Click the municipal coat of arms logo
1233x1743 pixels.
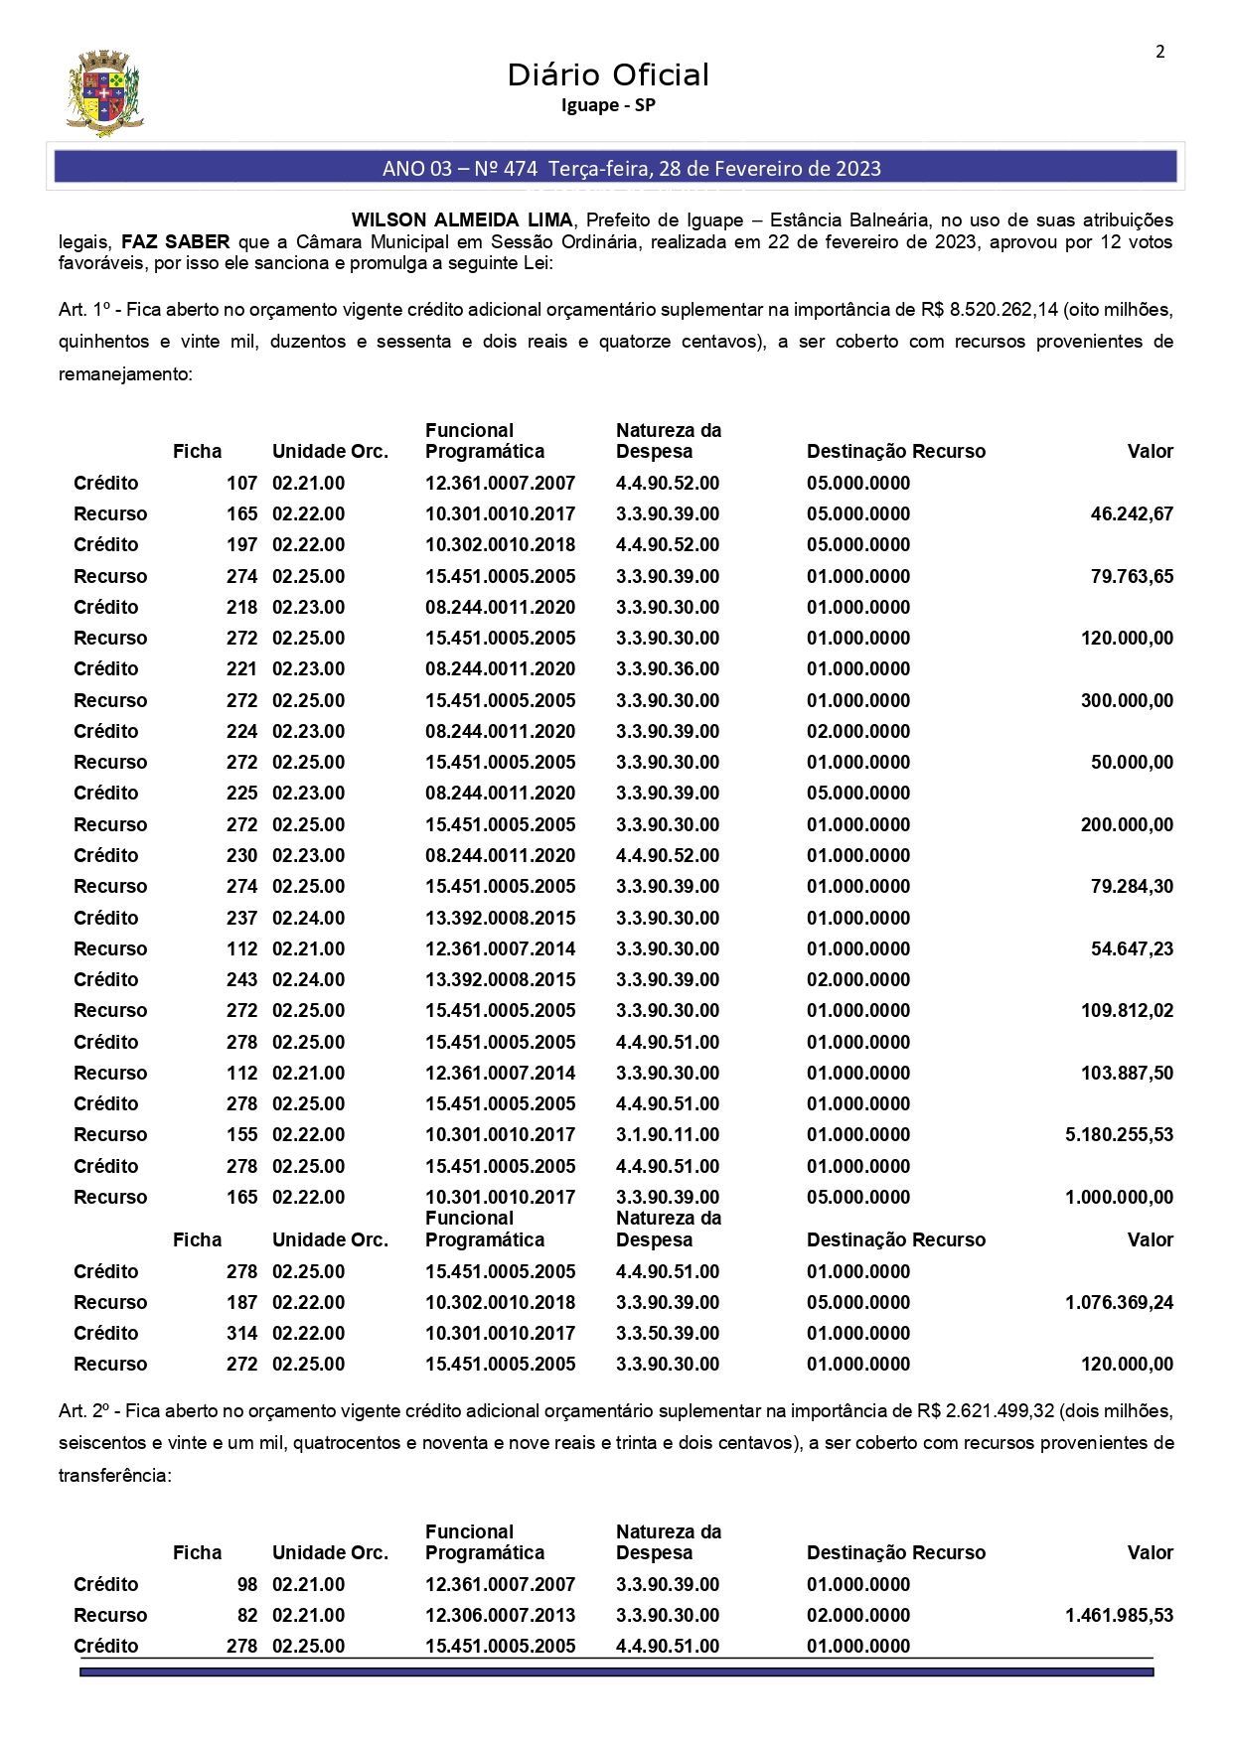[104, 93]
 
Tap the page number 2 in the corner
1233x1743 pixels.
[1159, 52]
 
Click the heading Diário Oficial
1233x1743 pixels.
[608, 74]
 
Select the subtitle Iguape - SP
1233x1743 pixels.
[608, 105]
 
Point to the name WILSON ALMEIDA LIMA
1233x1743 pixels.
[462, 220]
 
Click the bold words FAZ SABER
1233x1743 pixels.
[176, 242]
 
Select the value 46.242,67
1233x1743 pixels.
[1132, 514]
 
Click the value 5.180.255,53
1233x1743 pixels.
[1119, 1135]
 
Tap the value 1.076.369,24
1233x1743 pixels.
[1119, 1303]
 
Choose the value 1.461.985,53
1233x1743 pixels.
[1119, 1616]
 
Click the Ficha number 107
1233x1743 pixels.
[241, 484]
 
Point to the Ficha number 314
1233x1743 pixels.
[241, 1334]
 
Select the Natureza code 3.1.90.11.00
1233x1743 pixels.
[668, 1135]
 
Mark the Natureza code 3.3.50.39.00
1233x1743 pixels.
[668, 1334]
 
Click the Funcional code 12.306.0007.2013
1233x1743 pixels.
[500, 1616]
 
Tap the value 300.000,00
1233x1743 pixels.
[1127, 701]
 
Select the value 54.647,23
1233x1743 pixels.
[1132, 949]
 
